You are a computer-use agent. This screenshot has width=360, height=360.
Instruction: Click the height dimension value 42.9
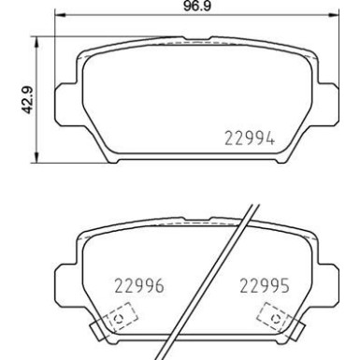click(17, 97)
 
